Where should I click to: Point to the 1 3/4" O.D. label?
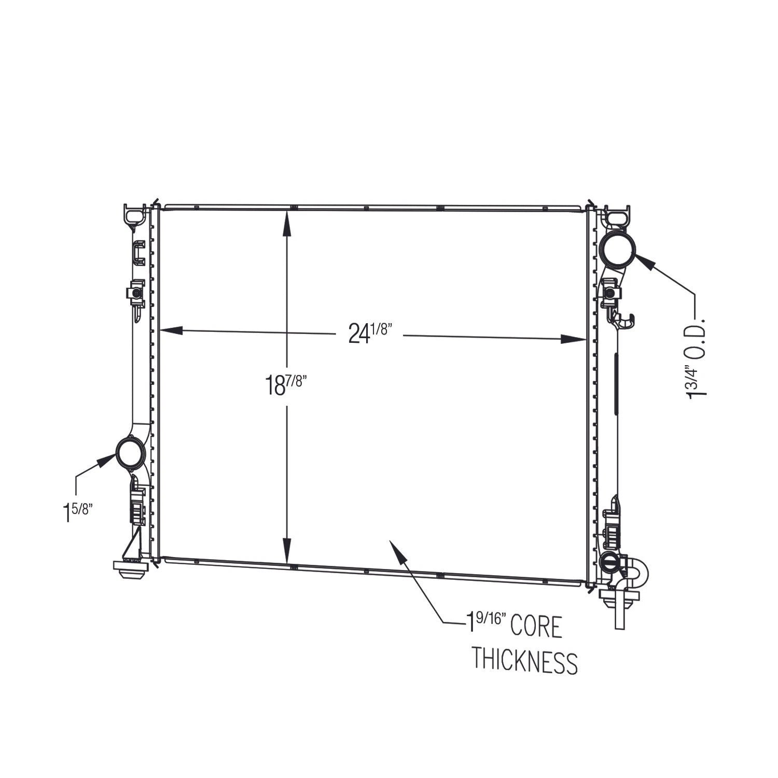(x=697, y=356)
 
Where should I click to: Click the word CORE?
(x=536, y=627)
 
